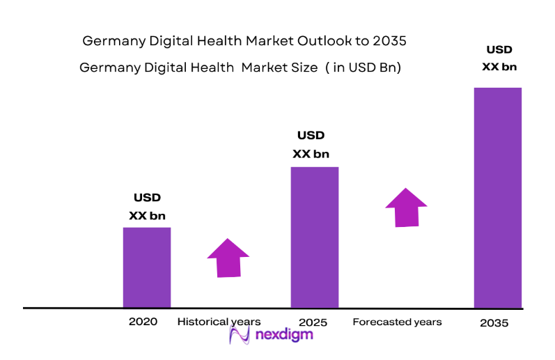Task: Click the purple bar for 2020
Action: [x=147, y=267]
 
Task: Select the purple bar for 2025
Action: [x=315, y=237]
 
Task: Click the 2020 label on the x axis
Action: [x=143, y=322]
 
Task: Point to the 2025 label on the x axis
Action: [x=313, y=322]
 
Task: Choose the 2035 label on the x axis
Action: [x=494, y=323]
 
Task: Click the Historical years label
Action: [x=219, y=322]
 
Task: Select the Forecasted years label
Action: [x=397, y=322]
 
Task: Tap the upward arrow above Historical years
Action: [x=228, y=258]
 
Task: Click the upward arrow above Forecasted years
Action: [x=406, y=206]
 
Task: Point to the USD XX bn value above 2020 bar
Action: [x=147, y=207]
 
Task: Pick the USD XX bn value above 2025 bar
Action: [x=311, y=144]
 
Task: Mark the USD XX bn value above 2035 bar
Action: [x=499, y=58]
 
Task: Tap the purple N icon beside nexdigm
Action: [x=240, y=335]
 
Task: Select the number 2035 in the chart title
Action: [x=389, y=41]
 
